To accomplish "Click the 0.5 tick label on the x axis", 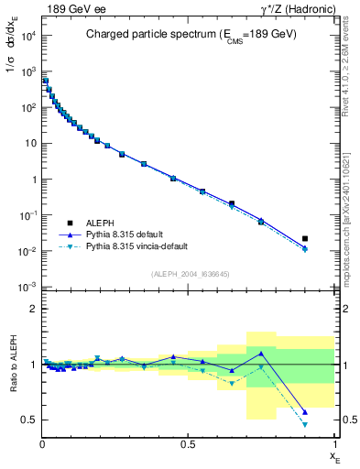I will [189, 443].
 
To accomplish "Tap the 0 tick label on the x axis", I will [43, 443].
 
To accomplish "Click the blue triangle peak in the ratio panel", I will [261, 353].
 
